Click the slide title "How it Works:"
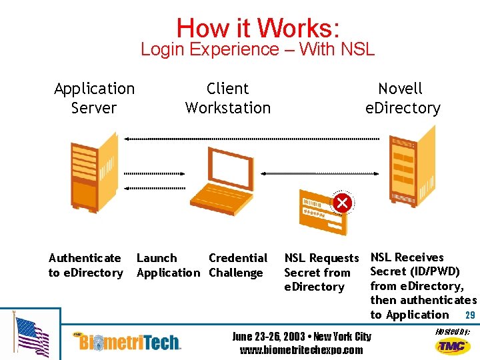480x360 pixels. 258,28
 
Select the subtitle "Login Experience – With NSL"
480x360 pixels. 258,49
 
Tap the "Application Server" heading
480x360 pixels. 94,98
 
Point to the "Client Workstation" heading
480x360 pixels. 228,98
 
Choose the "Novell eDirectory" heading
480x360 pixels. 403,98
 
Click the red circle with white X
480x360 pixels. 343,202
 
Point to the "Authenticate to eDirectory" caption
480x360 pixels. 85,265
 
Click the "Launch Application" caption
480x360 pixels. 167,265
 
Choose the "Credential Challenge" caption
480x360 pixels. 238,265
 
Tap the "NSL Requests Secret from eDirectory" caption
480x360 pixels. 321,273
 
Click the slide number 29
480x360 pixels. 470,315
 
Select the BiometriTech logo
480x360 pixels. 130,342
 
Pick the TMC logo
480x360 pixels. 453,345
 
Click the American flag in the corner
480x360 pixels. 31,337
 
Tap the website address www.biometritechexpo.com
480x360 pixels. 301,350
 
